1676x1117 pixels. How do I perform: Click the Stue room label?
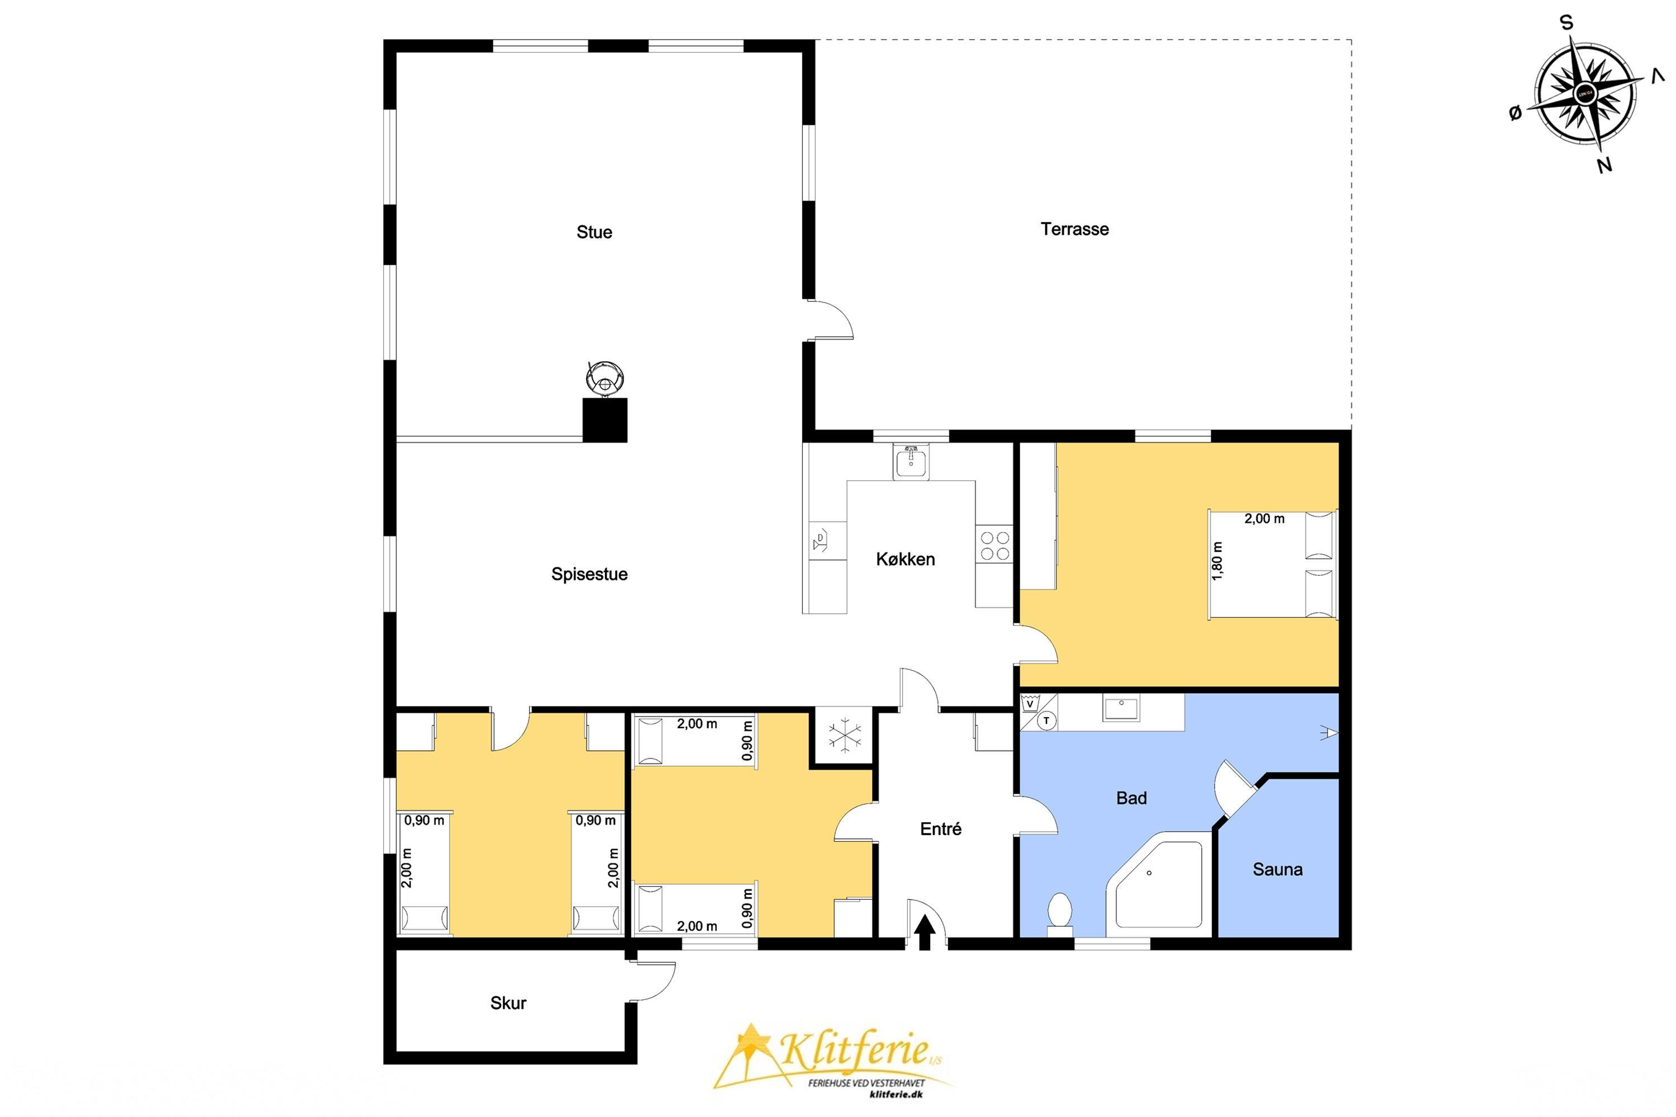[x=594, y=232]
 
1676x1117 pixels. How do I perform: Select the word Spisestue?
[x=589, y=574]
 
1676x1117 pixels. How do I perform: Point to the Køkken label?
[x=905, y=559]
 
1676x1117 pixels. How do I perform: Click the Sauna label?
[x=1278, y=869]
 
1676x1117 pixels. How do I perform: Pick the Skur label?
[x=508, y=1003]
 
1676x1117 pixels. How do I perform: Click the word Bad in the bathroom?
[x=1132, y=798]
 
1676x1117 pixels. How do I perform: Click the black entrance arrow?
[x=925, y=933]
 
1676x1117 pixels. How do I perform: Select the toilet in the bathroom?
[x=1060, y=914]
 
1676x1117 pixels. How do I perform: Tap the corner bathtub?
[x=1158, y=887]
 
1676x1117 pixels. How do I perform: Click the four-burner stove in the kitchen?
[x=994, y=545]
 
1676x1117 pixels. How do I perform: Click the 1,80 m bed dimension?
[x=1217, y=561]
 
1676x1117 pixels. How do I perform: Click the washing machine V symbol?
[x=1029, y=704]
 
